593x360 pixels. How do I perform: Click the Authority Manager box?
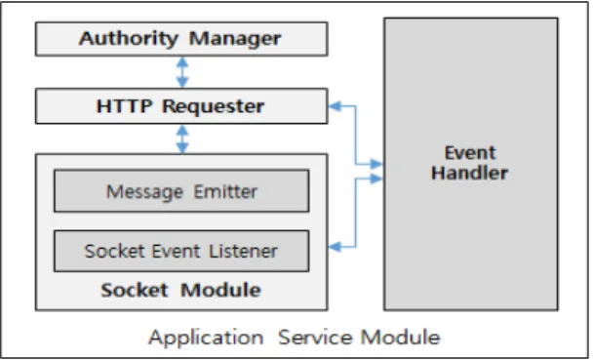pyautogui.click(x=181, y=39)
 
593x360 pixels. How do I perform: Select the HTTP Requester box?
pyautogui.click(x=181, y=106)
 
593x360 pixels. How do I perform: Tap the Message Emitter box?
pyautogui.click(x=181, y=191)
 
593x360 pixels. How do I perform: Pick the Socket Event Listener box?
pyautogui.click(x=181, y=251)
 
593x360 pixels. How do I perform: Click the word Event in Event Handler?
pyautogui.click(x=470, y=153)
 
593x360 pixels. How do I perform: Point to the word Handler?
pyautogui.click(x=470, y=173)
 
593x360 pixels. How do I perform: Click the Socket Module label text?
pyautogui.click(x=180, y=290)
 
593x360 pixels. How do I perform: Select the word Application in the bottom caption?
pyautogui.click(x=206, y=338)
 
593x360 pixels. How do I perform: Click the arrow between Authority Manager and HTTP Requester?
pyautogui.click(x=182, y=72)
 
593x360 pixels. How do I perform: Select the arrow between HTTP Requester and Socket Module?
pyautogui.click(x=182, y=139)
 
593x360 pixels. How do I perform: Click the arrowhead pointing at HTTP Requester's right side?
pyautogui.click(x=335, y=106)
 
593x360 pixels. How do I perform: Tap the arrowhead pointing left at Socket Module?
pyautogui.click(x=335, y=247)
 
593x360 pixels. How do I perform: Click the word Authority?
pyautogui.click(x=129, y=39)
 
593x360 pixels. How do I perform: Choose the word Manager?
pyautogui.click(x=235, y=39)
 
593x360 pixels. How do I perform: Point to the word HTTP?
pyautogui.click(x=125, y=106)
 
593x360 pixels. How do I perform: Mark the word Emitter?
pyautogui.click(x=225, y=191)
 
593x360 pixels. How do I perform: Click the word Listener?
pyautogui.click(x=243, y=251)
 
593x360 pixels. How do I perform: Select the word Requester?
pyautogui.click(x=214, y=106)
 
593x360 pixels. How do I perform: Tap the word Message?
pyautogui.click(x=144, y=192)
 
